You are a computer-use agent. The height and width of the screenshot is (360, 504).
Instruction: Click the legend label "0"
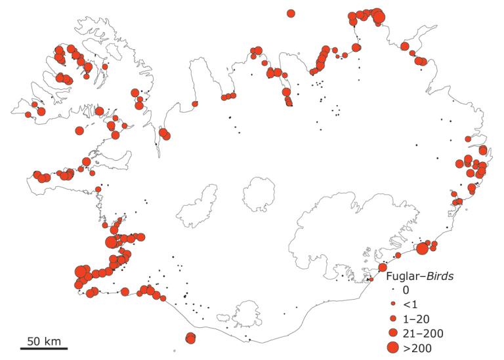(406, 290)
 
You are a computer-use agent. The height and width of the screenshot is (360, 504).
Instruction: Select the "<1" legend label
(409, 304)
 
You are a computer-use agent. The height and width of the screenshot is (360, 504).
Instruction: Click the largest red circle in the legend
(392, 348)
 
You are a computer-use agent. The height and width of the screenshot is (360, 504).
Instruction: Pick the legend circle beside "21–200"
(392, 333)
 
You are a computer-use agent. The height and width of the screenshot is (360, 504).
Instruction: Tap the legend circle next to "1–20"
(392, 319)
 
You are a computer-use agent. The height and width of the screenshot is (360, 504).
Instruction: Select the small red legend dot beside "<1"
(392, 304)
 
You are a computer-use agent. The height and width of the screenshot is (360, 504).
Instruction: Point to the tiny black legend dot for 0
(392, 290)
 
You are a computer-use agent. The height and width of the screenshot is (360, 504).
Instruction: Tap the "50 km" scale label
(43, 340)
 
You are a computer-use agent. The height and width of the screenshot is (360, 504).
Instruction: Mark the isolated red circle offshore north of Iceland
(291, 12)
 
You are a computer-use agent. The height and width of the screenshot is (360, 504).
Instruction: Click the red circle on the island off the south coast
(190, 338)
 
